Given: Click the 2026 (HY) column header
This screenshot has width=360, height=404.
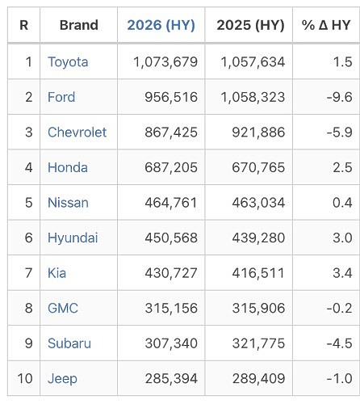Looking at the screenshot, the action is tap(161, 25).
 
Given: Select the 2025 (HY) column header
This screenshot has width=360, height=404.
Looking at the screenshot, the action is tap(250, 25).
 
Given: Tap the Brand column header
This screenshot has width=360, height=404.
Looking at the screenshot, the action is tap(79, 25).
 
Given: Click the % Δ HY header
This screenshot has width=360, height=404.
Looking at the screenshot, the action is tap(326, 25).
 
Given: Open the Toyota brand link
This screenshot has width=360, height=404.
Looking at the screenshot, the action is tap(68, 62).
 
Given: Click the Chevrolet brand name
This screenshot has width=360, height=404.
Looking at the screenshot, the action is tap(77, 133).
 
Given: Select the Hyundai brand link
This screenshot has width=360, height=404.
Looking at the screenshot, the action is tap(73, 238).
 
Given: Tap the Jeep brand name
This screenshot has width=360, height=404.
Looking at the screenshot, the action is tap(62, 379).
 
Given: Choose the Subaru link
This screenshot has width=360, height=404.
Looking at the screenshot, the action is tap(69, 343).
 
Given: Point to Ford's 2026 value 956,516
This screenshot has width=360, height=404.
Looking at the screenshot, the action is tap(171, 97).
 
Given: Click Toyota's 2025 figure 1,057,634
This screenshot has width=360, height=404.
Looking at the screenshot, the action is tap(253, 62).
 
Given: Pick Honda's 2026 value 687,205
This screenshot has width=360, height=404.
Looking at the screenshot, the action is tap(171, 167).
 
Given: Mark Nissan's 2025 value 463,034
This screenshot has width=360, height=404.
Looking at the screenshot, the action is tap(258, 203).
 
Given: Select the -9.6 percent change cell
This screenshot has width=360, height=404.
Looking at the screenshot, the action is tap(339, 97).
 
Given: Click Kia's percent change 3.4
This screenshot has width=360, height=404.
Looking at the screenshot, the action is tap(342, 273).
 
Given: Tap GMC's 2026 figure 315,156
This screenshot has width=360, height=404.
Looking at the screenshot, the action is tap(171, 308).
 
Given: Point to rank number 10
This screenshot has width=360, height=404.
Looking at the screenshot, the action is tap(25, 378).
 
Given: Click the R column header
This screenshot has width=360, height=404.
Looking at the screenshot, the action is tap(23, 25).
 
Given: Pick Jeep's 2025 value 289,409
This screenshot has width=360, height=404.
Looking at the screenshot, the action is tap(258, 378).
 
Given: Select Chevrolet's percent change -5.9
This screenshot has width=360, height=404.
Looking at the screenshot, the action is tap(339, 133).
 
